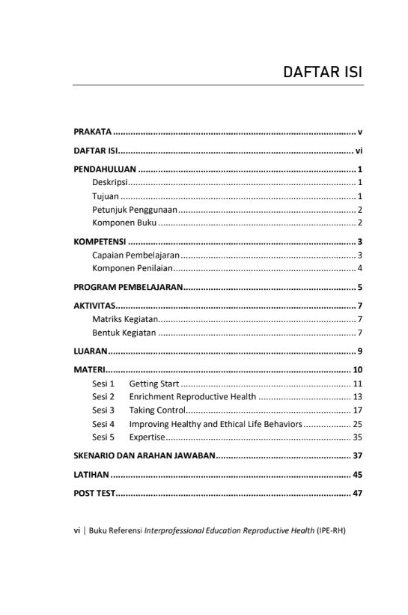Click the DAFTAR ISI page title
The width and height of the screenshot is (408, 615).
[323, 73]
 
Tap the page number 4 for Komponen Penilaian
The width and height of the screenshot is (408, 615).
[360, 268]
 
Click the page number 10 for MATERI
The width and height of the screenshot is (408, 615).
[358, 370]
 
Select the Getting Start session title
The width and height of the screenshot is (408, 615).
[153, 384]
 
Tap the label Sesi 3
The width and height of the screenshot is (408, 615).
[103, 410]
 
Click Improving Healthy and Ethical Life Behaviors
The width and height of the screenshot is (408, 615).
[216, 424]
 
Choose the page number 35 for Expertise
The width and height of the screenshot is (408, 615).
[358, 437]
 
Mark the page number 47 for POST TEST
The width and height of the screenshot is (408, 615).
[358, 494]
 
